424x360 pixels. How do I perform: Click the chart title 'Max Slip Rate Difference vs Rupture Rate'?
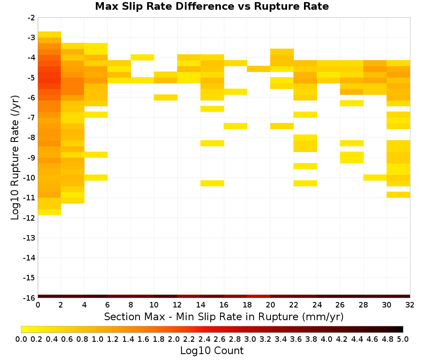point(212,6)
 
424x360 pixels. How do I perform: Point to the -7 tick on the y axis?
point(31,117)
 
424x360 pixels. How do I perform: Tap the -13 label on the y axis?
point(29,238)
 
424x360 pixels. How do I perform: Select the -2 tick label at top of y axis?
point(31,18)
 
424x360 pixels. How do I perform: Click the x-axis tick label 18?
point(247,305)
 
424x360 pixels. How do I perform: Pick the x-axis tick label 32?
point(410,305)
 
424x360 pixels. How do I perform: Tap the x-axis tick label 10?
point(154,305)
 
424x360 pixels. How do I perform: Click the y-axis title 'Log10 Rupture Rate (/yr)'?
point(15,158)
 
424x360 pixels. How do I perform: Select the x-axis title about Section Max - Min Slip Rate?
point(224,316)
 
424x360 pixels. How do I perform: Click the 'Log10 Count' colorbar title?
point(212,351)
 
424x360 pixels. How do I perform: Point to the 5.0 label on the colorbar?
point(403,339)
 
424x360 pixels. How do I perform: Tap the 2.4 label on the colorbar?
point(204,339)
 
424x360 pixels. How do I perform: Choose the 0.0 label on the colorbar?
point(21,339)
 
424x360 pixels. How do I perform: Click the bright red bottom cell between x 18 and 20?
point(259,296)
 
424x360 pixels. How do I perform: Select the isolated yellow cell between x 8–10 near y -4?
point(142,57)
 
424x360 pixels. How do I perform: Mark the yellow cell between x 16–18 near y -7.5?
point(235,126)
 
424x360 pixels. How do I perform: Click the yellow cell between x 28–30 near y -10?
point(375,177)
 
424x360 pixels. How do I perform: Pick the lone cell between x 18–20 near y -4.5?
point(259,69)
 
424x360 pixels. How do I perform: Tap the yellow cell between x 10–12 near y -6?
point(166,97)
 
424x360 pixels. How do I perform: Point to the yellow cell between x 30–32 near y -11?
point(398,194)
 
